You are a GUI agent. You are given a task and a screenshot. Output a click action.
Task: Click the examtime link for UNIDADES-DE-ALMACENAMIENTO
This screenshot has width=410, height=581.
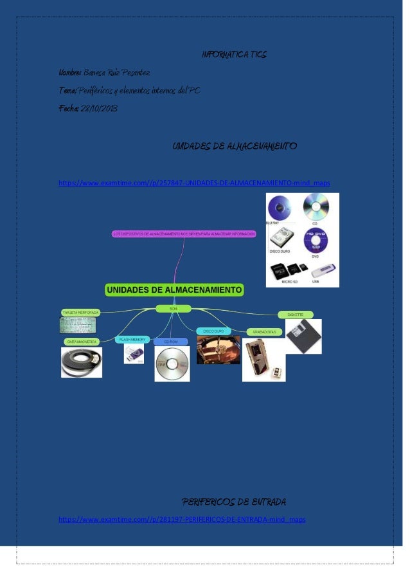coord(194,183)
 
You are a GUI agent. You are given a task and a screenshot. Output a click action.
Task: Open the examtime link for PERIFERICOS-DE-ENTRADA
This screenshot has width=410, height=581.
coord(182,519)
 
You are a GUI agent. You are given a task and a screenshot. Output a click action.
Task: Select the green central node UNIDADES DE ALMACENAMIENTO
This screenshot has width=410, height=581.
coord(174,290)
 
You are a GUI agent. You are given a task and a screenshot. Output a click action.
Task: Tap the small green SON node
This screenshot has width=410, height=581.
coord(173,309)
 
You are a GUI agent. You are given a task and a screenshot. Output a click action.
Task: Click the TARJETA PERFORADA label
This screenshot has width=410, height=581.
coord(80,313)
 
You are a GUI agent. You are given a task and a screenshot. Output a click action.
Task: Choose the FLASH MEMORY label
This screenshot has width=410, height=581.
coord(133,339)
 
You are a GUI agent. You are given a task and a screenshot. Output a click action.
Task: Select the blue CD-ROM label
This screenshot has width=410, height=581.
coord(170,342)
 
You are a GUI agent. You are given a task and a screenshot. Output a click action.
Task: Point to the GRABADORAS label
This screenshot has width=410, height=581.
coord(264,332)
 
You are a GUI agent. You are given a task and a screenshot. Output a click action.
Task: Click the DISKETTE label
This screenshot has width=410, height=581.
coord(296,315)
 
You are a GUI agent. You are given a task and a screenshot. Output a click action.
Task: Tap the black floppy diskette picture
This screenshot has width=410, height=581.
coord(303,336)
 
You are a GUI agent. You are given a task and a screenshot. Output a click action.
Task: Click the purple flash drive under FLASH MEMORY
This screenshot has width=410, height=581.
coord(134,353)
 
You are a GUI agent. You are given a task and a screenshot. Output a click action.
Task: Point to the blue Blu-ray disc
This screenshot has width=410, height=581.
coord(283,209)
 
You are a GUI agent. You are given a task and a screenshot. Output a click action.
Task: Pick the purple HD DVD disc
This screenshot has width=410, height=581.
coord(316,241)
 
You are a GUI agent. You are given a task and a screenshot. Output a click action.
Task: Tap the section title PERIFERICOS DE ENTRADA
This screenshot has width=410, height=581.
coord(234,501)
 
